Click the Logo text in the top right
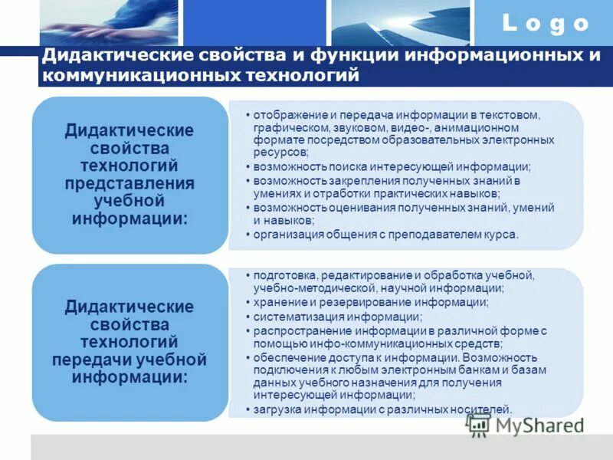(x=546, y=24)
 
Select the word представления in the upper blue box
(x=129, y=184)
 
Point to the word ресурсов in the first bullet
(x=277, y=153)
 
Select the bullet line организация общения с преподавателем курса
(x=386, y=235)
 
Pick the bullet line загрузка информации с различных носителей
(x=382, y=409)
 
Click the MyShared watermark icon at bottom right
(x=478, y=423)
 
